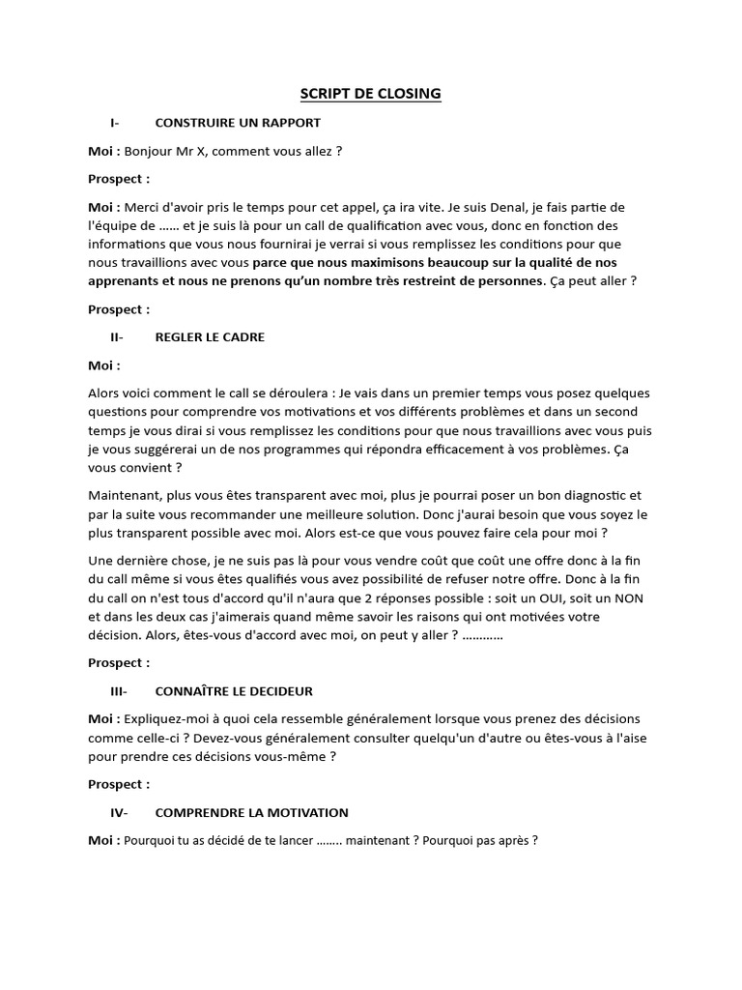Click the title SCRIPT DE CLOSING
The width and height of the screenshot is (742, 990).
370,94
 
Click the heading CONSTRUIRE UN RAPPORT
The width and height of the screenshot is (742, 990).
238,123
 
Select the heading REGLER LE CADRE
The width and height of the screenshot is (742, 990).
210,337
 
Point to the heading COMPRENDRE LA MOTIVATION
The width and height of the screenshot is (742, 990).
251,813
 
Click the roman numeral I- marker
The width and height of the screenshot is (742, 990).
115,123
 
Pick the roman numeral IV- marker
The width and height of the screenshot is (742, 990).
119,813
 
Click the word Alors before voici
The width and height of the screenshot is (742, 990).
105,394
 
